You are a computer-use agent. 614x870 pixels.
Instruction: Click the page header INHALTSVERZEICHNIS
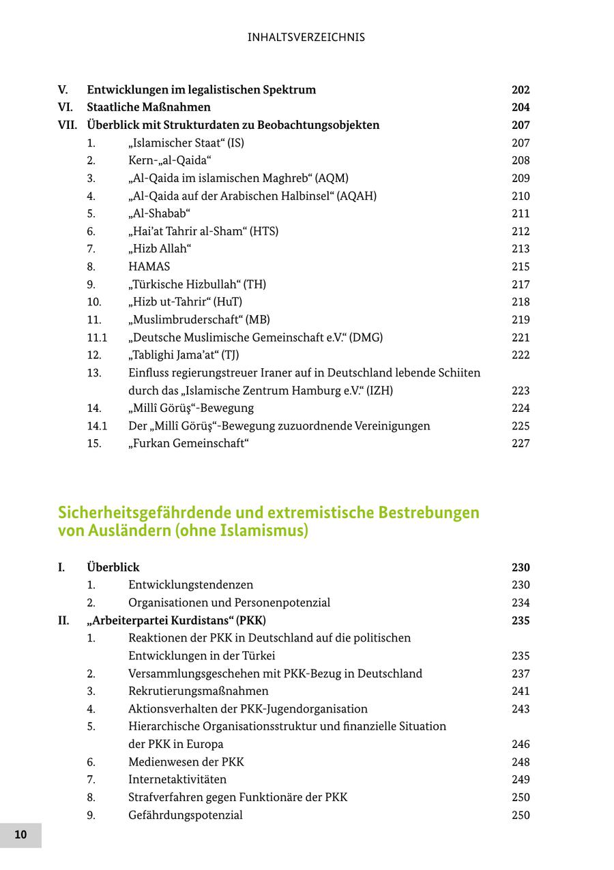(306, 37)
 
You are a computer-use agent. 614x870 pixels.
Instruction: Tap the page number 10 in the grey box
(20, 835)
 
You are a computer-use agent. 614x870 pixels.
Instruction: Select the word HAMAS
(149, 267)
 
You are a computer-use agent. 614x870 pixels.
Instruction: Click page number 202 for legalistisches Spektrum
(521, 90)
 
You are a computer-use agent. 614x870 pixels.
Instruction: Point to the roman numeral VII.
(68, 125)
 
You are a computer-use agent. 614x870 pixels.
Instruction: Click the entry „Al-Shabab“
(159, 213)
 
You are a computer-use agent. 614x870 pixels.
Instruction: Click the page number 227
(521, 443)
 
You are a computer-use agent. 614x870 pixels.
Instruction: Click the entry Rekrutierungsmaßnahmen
(198, 691)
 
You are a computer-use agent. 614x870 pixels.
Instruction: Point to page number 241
(521, 691)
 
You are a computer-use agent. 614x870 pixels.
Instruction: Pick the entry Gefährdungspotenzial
(186, 815)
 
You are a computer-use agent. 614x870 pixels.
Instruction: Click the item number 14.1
(97, 426)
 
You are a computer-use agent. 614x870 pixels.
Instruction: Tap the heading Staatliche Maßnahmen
(149, 108)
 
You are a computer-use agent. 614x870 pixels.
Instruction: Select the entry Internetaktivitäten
(177, 779)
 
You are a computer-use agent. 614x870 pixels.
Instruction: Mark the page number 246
(521, 744)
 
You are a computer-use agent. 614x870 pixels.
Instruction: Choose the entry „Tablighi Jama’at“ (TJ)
(184, 355)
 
